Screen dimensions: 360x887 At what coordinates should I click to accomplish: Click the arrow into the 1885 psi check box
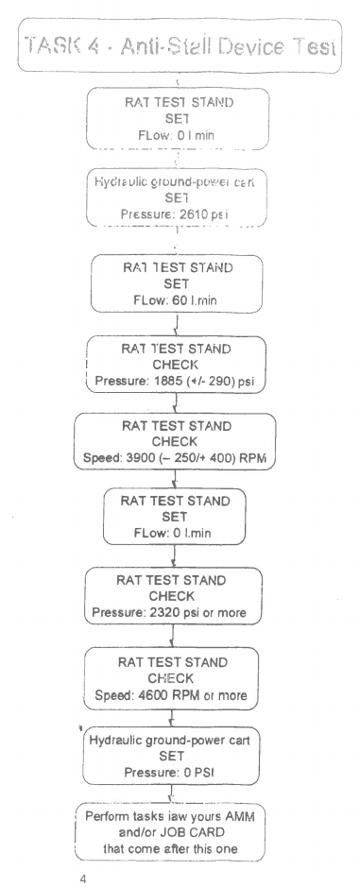tap(179, 330)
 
